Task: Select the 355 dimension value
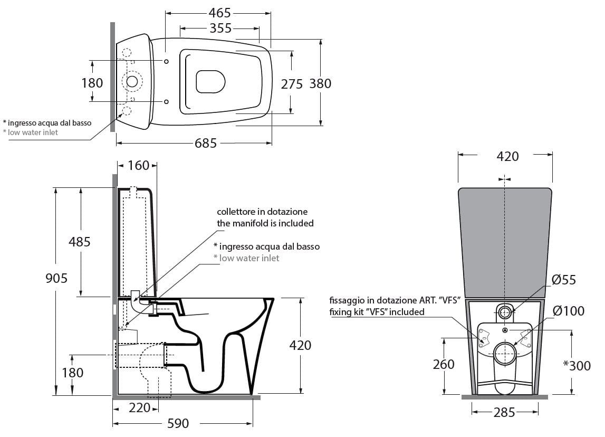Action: (220, 28)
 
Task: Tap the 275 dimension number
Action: (292, 84)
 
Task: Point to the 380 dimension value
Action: (320, 83)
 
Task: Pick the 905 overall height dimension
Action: (56, 278)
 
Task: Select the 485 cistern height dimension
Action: (80, 242)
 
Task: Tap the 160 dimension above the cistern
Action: (139, 166)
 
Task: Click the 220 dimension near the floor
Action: (139, 407)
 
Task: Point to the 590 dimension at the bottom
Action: (178, 424)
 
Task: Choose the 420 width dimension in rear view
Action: (508, 156)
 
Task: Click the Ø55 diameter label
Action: (564, 280)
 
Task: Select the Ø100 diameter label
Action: (568, 311)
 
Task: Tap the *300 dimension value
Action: (577, 365)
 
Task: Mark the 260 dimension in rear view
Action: (444, 365)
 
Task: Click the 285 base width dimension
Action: (504, 413)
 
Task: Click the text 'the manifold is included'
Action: (265, 223)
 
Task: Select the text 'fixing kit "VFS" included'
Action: (377, 312)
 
